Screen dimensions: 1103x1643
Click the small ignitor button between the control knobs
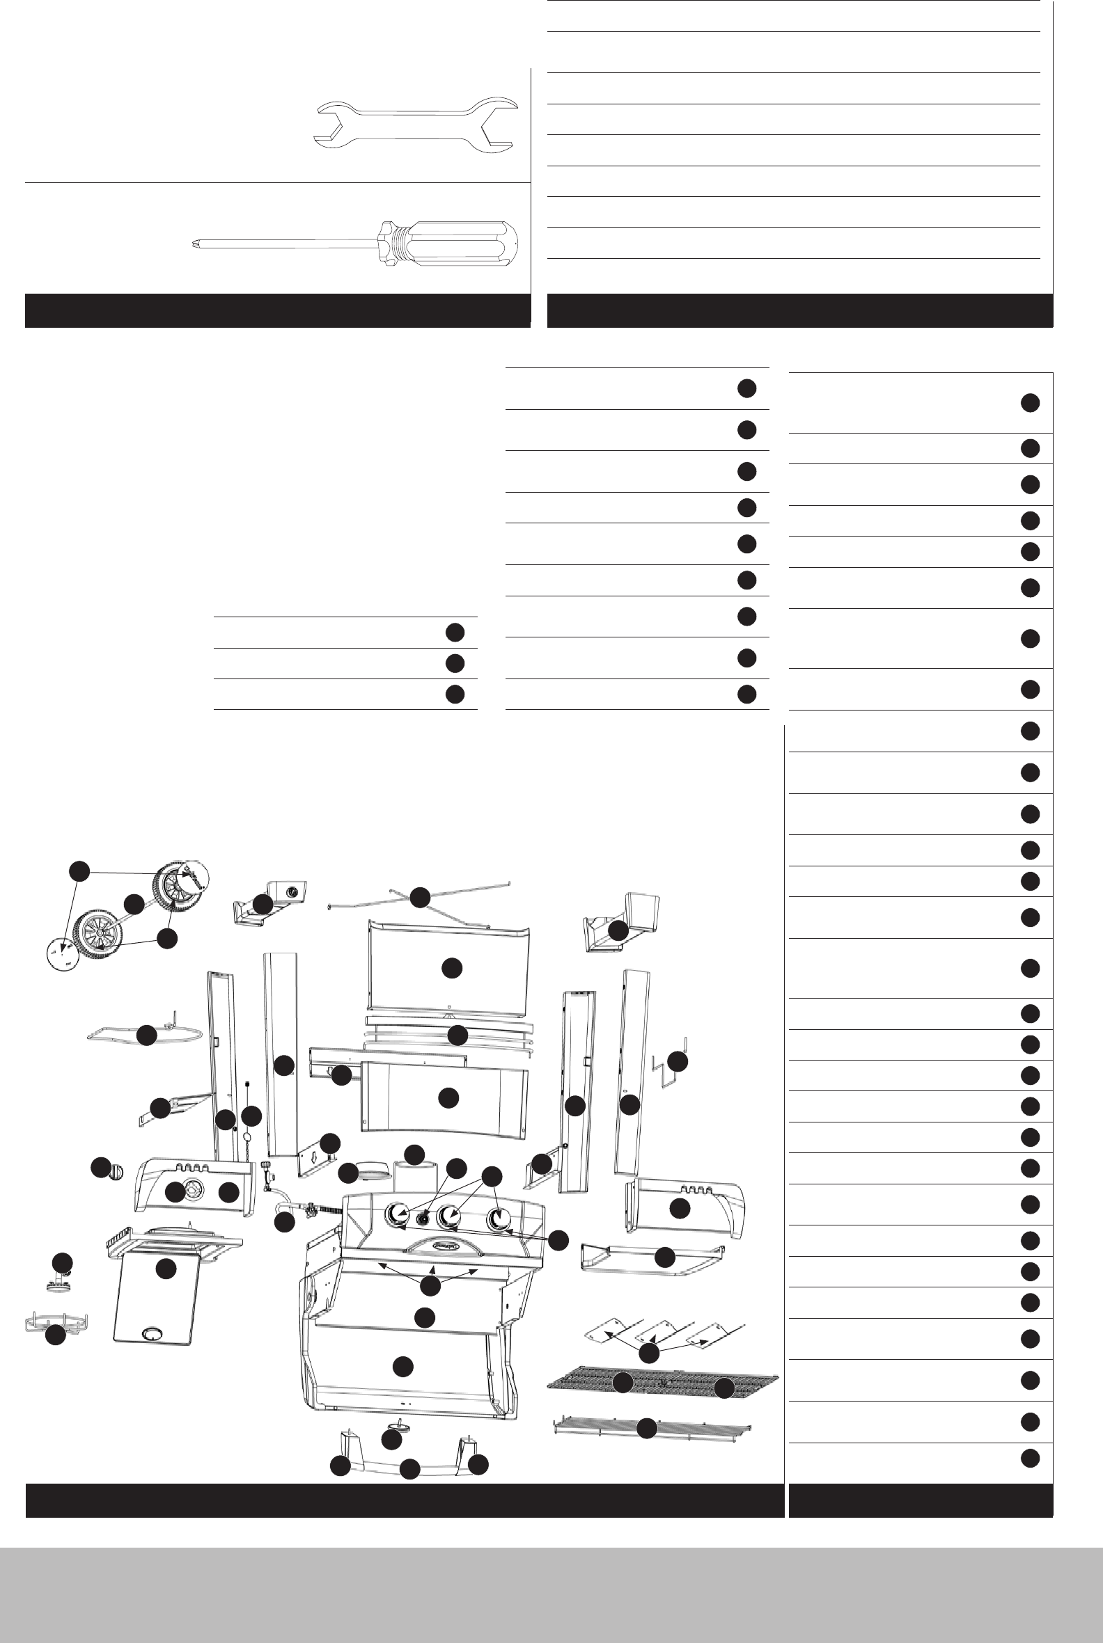[423, 1219]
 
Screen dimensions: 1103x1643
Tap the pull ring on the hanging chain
[248, 1138]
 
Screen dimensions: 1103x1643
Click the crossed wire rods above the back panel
[419, 896]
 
